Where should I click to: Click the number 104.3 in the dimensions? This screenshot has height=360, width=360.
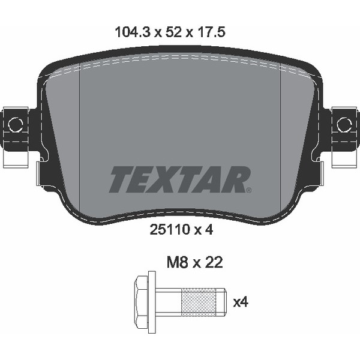(133, 32)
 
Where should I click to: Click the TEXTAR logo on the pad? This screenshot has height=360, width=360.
(180, 179)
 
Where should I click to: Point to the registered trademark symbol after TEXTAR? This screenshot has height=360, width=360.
(248, 190)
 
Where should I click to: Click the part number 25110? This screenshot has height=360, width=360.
(169, 229)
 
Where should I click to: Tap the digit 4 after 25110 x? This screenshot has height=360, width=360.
(209, 229)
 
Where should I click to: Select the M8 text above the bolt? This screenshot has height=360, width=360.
(178, 262)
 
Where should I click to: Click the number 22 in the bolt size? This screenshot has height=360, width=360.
(214, 262)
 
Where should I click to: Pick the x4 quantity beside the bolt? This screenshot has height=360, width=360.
(241, 302)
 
